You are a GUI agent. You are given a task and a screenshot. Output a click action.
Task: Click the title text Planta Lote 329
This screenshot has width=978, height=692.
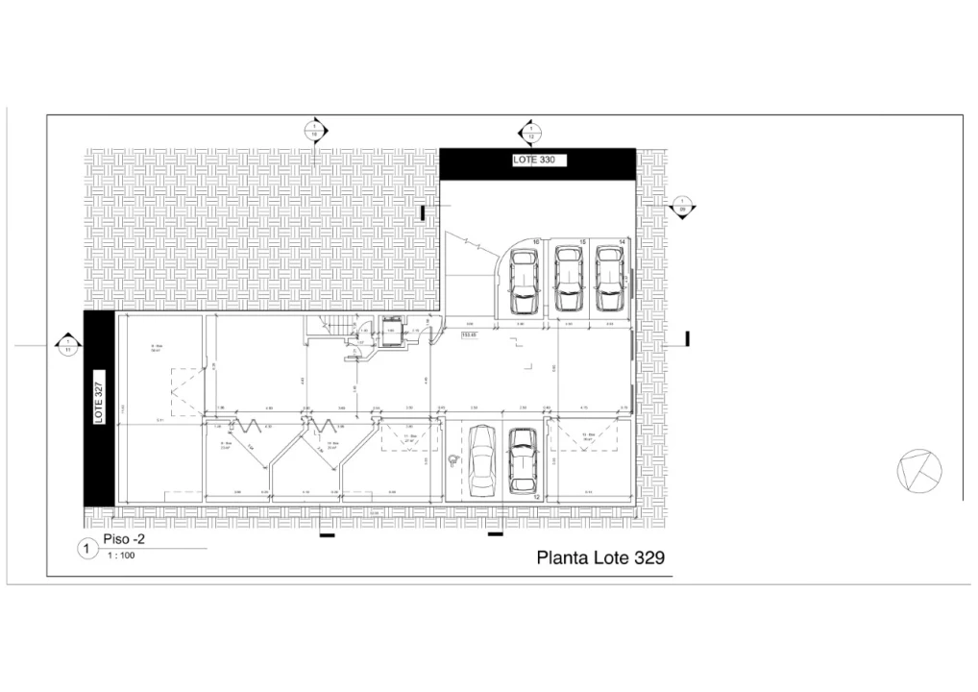click(599, 556)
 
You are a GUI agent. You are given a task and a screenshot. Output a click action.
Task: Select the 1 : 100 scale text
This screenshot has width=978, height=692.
click(120, 556)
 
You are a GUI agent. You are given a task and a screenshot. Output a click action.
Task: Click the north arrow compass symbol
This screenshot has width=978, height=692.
click(919, 470)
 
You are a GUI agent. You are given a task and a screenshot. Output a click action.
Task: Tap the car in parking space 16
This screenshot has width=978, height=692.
click(524, 282)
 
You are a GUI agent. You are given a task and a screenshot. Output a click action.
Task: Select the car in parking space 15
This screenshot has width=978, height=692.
click(568, 279)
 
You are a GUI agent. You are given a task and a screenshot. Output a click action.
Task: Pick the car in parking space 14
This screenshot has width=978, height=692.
click(609, 279)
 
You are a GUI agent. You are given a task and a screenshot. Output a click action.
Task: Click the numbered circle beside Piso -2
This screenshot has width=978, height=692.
click(86, 549)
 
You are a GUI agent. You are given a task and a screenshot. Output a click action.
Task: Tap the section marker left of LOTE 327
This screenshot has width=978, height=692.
click(67, 345)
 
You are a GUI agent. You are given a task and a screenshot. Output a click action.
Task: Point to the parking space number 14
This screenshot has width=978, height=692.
click(622, 241)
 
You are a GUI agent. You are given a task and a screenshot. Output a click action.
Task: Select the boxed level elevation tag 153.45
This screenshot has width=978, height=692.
click(471, 335)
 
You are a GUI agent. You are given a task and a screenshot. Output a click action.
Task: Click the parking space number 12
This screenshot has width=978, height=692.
click(537, 497)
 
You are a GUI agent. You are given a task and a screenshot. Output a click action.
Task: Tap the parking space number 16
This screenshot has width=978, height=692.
click(536, 241)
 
